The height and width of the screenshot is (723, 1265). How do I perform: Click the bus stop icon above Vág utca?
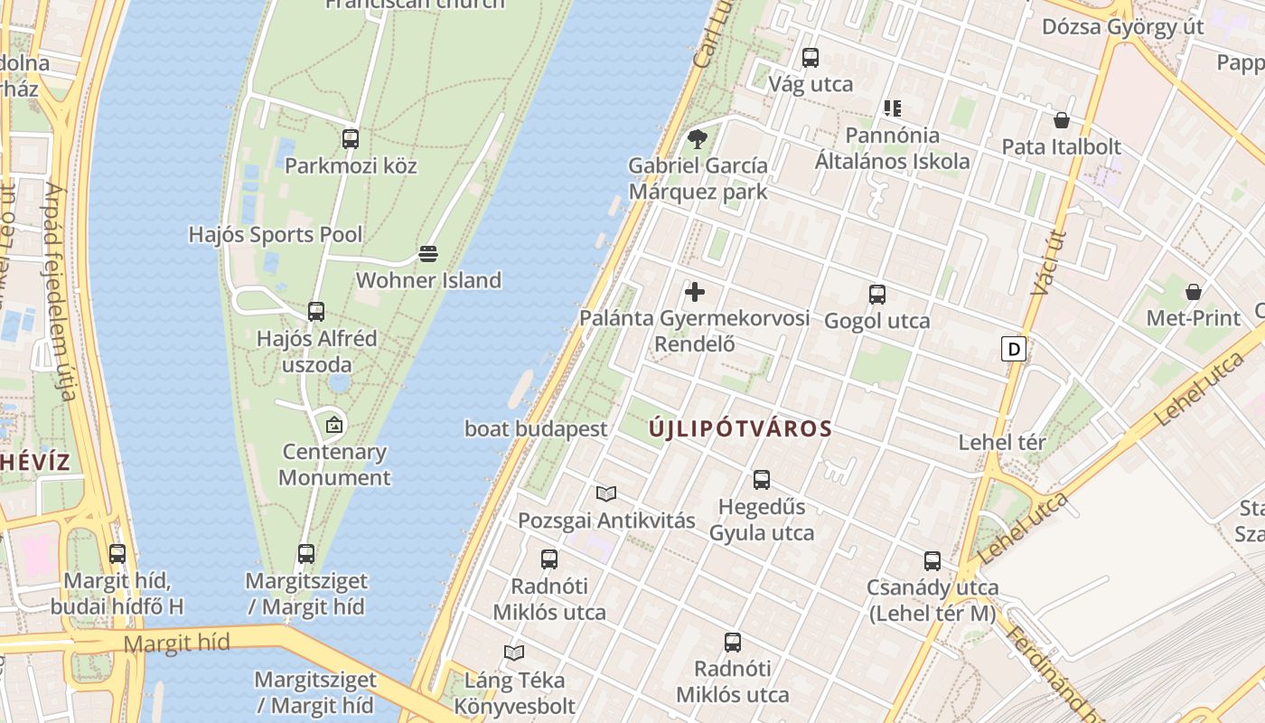point(811,58)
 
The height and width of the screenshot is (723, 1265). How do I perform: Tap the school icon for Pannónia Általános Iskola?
point(893,109)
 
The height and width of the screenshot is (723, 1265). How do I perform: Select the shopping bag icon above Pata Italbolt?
point(1062,120)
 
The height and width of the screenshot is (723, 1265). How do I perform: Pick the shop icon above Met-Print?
point(1194,292)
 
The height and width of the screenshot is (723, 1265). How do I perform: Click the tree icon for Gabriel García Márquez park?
point(697,139)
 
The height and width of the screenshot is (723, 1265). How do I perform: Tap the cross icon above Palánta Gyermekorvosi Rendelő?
point(695,292)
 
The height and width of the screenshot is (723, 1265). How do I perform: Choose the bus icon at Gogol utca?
point(876,295)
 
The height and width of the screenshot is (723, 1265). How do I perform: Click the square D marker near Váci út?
point(1014,349)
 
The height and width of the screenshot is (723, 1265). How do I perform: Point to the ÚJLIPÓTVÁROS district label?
point(740,429)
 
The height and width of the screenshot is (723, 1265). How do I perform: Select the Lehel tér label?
point(1002,443)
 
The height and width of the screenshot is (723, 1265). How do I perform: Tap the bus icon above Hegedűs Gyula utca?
point(762,480)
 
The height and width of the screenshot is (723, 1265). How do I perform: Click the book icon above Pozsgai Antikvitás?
point(605,494)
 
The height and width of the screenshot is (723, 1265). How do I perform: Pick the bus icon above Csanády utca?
point(932,561)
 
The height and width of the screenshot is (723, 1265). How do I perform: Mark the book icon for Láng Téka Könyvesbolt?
point(514,653)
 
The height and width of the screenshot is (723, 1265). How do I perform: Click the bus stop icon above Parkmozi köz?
point(351,139)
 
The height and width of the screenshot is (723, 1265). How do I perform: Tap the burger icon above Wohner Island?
point(428,254)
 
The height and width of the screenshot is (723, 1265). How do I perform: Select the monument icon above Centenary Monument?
point(334,424)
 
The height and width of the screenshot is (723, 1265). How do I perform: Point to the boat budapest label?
point(536,429)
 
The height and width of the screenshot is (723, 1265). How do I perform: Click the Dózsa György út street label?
point(1122,26)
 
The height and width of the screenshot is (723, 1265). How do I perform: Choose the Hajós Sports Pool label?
point(276,235)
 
